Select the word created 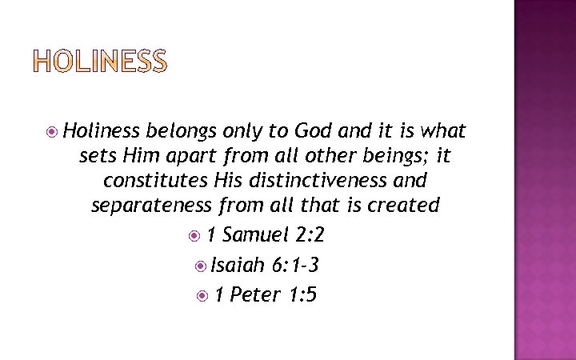click(x=403, y=206)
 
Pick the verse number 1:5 click(x=303, y=295)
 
